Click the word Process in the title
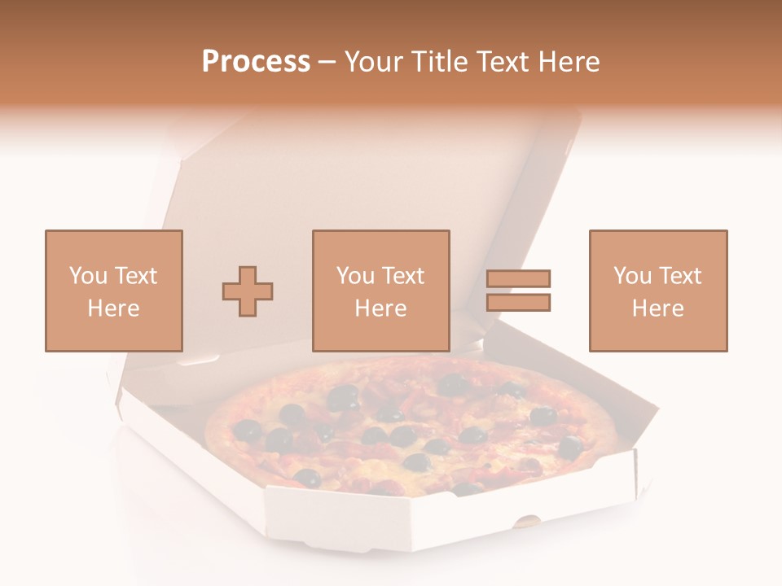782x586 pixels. [x=256, y=62]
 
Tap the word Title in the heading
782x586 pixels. [x=441, y=62]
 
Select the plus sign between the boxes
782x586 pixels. [x=248, y=291]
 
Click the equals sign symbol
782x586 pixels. [x=518, y=291]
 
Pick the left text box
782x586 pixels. [x=113, y=291]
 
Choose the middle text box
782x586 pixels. [x=380, y=291]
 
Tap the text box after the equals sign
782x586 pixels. [x=657, y=291]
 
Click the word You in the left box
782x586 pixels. [x=86, y=276]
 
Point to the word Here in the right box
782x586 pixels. [x=657, y=308]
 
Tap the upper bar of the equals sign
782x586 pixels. [x=518, y=279]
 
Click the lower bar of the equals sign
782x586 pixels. [x=518, y=302]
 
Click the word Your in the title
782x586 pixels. [x=374, y=62]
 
